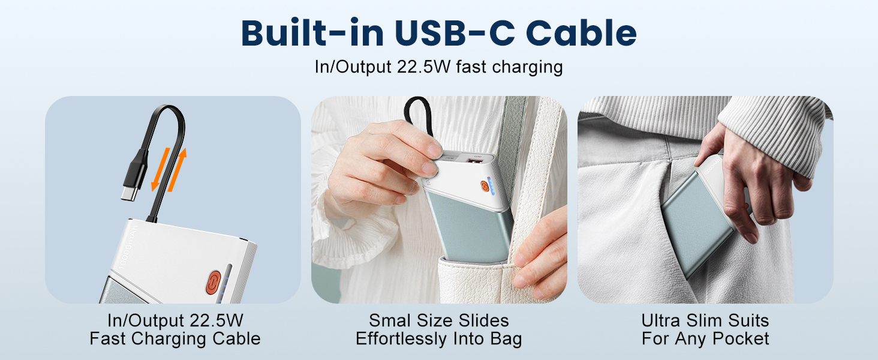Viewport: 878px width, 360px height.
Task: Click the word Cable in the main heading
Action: (x=581, y=33)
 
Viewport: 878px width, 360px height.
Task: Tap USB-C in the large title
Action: (x=454, y=33)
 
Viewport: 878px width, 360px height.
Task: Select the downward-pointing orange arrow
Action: (x=161, y=169)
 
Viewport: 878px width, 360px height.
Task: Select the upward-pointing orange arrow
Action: (x=177, y=170)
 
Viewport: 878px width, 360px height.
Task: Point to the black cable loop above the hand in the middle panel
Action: (x=418, y=116)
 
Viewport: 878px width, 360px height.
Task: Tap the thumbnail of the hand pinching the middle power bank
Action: (x=439, y=200)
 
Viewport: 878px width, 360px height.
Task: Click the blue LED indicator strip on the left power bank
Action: (x=225, y=283)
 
